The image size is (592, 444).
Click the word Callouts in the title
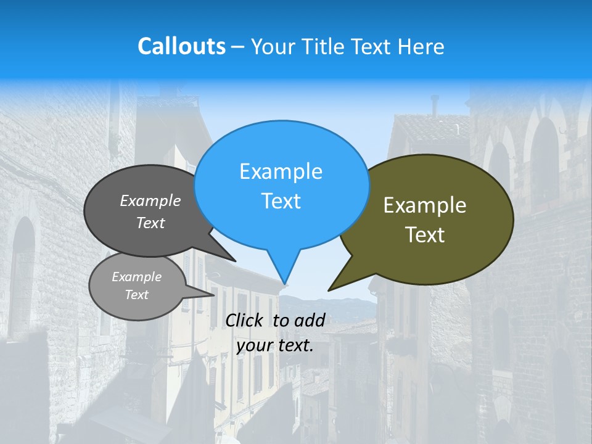[181, 46]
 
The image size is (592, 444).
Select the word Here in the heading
[421, 46]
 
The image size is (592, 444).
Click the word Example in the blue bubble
[281, 171]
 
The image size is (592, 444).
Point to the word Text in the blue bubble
[281, 201]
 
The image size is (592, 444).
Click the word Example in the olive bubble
[425, 205]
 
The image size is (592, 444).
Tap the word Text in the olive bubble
[425, 235]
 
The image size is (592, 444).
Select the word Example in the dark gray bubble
[150, 200]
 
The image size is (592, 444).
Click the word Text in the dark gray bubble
[150, 223]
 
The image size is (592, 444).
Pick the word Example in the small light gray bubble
[136, 277]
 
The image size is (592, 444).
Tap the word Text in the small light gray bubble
[136, 295]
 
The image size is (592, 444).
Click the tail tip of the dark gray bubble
[234, 261]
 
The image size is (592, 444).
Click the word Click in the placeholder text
[245, 320]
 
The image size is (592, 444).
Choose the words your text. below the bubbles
[275, 345]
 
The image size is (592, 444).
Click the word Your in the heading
[274, 46]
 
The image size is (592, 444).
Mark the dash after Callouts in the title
[238, 47]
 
